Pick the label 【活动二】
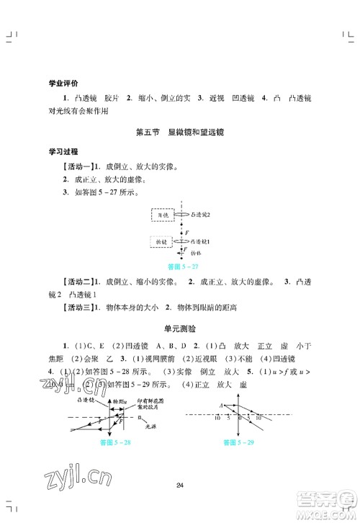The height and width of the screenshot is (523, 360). tap(78, 281)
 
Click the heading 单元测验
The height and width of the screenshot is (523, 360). tap(180, 328)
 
